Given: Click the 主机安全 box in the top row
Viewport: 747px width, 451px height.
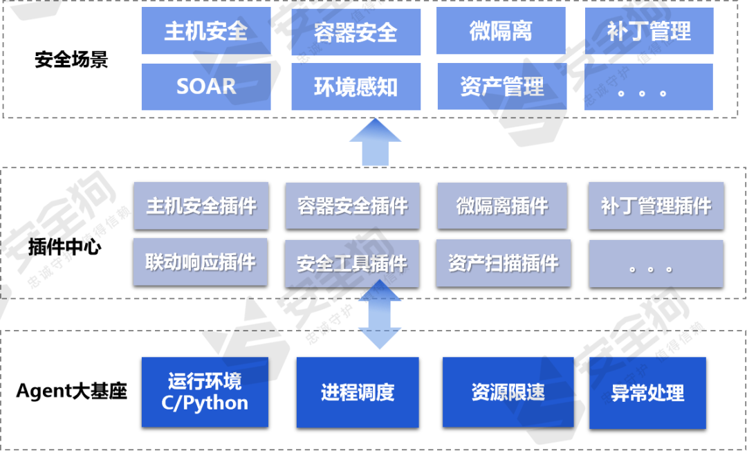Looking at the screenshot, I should click(205, 31).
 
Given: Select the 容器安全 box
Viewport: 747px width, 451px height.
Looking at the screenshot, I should click(356, 32).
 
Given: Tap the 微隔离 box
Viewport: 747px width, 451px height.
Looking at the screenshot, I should click(501, 31).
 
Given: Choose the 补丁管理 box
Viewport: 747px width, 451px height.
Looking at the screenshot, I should click(649, 31).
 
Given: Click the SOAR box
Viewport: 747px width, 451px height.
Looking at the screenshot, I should click(205, 86).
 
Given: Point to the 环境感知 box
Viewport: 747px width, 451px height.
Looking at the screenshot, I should click(356, 87).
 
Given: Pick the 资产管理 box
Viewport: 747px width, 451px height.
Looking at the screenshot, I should click(501, 86).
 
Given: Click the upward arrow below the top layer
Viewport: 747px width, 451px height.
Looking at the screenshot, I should click(375, 142).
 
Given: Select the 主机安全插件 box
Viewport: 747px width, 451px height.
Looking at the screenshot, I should click(201, 205).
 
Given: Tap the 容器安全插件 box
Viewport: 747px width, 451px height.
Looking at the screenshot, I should click(352, 205).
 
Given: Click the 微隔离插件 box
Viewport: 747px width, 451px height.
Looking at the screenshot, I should click(502, 205).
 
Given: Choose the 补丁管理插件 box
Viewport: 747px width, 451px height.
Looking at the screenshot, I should click(656, 205).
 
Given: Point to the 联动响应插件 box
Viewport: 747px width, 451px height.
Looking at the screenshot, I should click(200, 262).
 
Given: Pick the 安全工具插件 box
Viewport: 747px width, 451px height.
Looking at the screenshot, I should click(351, 264).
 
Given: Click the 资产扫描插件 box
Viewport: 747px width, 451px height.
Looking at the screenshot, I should click(503, 263).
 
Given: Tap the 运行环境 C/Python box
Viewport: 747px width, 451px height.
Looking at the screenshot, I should click(205, 392).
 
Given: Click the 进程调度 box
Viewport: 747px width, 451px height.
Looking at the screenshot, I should click(358, 392).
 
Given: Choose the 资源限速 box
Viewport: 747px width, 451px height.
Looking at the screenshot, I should click(508, 392).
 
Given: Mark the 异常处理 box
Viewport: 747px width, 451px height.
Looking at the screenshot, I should click(647, 393).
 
